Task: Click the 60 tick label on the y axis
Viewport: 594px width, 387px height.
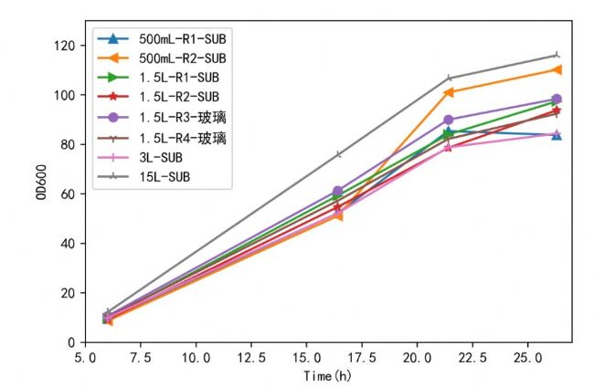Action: point(68,193)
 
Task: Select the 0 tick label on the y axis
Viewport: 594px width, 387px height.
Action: point(71,342)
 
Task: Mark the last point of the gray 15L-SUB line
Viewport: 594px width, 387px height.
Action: point(556,55)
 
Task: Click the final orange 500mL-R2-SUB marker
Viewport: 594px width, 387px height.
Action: point(556,69)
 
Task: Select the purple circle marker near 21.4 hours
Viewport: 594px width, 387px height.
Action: point(449,120)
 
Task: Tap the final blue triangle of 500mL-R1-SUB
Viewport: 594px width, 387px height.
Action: point(556,135)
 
